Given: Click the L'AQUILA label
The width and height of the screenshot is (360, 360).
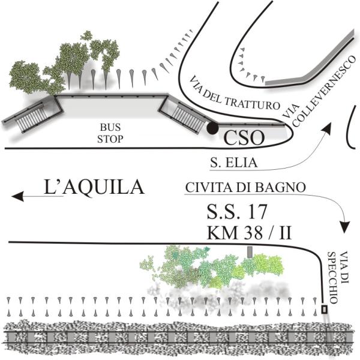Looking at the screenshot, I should coord(94,187).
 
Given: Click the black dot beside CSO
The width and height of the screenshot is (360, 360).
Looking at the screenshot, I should coord(212,128).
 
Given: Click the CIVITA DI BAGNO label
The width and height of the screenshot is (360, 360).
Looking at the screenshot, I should coord(245,187).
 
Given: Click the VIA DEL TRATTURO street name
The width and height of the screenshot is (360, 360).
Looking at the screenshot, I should coord(235,92).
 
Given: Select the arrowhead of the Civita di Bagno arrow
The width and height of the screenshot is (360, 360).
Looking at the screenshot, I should coord(346,228).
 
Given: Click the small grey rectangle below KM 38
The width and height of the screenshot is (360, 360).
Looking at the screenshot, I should coord(250,251).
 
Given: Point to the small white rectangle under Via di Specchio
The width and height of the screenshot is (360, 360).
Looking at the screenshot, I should coord(325,309).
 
